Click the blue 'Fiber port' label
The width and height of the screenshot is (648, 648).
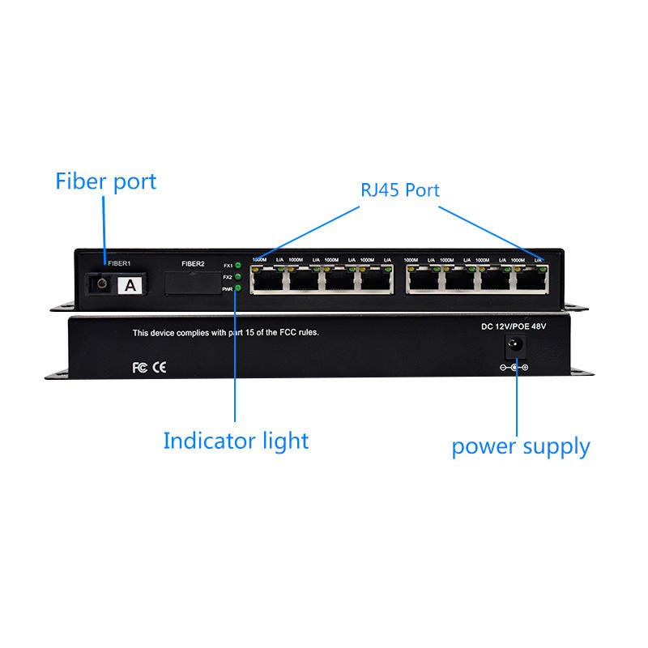pyautogui.click(x=105, y=181)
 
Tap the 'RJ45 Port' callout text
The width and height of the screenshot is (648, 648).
pyautogui.click(x=399, y=190)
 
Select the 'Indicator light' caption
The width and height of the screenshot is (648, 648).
pyautogui.click(x=236, y=441)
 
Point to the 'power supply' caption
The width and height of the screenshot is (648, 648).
pyautogui.click(x=520, y=446)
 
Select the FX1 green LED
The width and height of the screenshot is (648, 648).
pyautogui.click(x=238, y=266)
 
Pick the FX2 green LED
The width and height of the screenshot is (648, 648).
pyautogui.click(x=238, y=277)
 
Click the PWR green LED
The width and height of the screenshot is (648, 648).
pyautogui.click(x=238, y=288)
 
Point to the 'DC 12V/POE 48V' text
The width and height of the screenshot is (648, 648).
pyautogui.click(x=514, y=326)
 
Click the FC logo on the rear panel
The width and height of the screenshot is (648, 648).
pyautogui.click(x=139, y=367)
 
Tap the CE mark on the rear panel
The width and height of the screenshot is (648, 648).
pyautogui.click(x=160, y=367)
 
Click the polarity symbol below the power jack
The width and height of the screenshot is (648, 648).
pyautogui.click(x=514, y=368)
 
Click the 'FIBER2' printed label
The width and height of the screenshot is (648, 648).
pyautogui.click(x=193, y=264)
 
